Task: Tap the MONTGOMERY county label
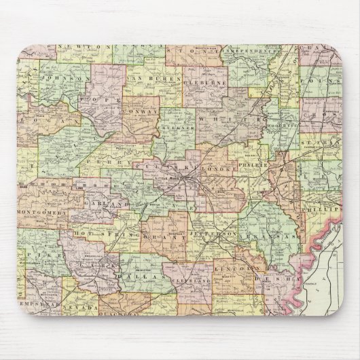click(43, 213)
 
